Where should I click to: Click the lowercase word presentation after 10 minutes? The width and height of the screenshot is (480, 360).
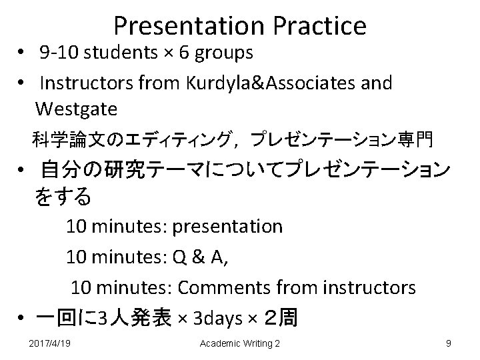227,227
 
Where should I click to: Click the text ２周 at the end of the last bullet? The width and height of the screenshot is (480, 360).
280,319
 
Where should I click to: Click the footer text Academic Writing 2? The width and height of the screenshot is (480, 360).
240,343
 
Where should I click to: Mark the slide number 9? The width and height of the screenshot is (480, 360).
449,343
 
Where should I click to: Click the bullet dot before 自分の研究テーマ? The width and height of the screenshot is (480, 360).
23,172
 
